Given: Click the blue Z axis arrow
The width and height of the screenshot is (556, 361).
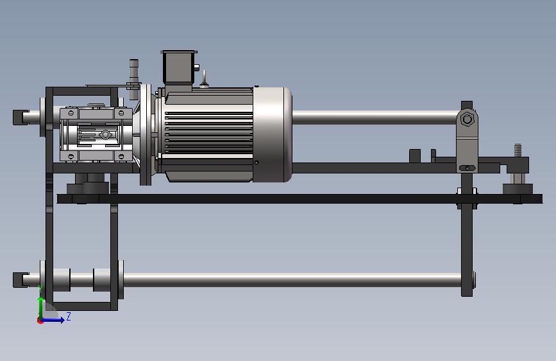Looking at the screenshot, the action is (x=53, y=320).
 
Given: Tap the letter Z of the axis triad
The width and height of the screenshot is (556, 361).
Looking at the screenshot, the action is (x=69, y=316).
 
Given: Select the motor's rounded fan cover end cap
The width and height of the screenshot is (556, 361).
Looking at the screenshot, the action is (x=273, y=134).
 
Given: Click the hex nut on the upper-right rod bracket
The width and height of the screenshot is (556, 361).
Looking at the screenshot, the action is (x=468, y=119).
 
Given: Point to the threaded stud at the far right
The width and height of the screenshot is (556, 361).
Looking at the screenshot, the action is (x=518, y=150).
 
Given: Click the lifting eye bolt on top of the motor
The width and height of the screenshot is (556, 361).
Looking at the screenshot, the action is (x=204, y=80).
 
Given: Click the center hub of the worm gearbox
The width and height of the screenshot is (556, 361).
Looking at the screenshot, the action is (x=105, y=135).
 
